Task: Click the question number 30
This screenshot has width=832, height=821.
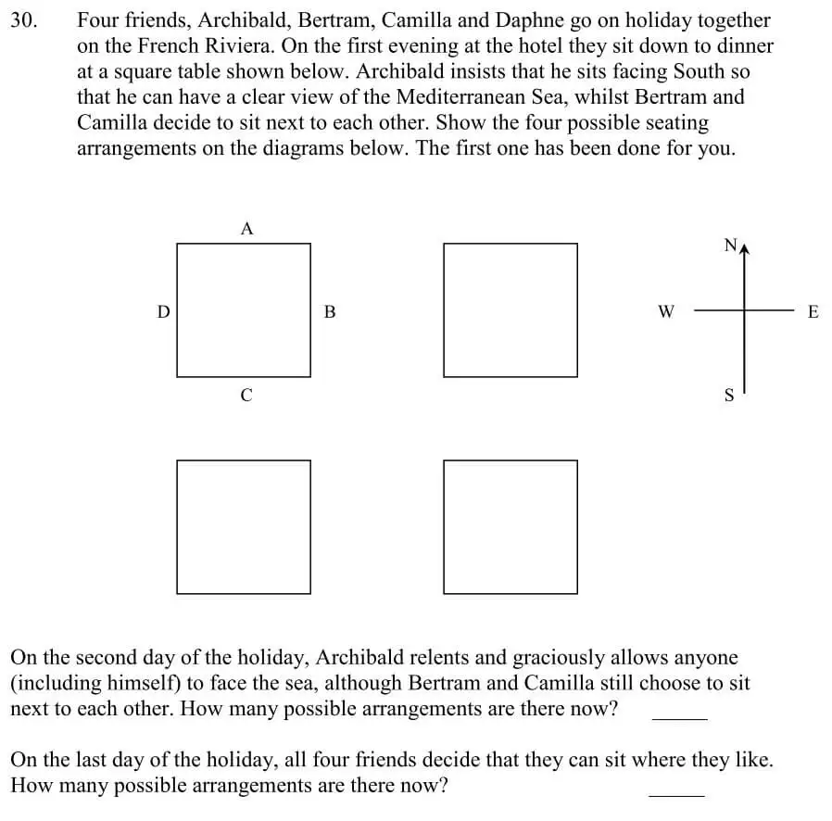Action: coord(24,20)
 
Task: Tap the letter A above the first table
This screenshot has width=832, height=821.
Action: coord(246,228)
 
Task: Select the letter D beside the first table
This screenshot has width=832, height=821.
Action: coord(163,312)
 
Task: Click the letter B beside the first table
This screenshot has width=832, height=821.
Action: coord(330,312)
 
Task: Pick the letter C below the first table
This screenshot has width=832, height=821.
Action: coord(246,396)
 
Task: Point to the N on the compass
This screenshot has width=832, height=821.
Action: coord(730,245)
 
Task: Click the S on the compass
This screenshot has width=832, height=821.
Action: coord(728,396)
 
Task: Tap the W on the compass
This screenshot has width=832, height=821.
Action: coord(665,312)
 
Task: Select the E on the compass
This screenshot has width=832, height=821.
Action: coord(813,312)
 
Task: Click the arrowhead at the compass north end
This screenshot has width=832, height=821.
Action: coord(743,246)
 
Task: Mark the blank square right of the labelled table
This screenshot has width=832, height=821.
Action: coord(510,309)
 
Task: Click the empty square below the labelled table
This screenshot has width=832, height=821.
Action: coord(244,526)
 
